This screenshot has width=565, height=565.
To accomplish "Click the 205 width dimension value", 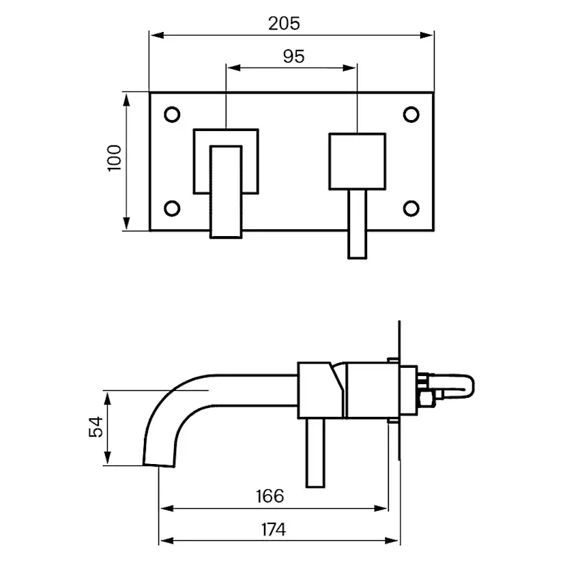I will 284,23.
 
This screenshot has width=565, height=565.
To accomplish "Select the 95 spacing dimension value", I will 293,57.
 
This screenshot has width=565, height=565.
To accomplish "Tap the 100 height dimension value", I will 114,158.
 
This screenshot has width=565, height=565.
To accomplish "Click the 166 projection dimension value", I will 270,495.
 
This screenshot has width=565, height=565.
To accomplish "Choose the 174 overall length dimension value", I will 273,528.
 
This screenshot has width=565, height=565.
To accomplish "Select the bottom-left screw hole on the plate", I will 172,207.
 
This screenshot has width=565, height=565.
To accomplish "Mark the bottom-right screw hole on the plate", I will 411,207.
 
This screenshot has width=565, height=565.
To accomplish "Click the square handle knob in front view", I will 358,161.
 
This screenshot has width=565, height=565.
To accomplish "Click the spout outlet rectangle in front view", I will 226,191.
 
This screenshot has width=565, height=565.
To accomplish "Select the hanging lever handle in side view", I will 315,453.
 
